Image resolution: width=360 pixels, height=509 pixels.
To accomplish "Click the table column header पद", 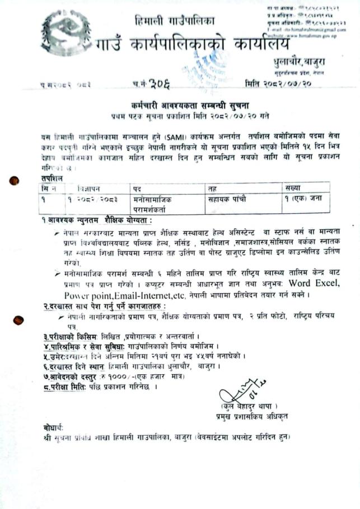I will point(137,188).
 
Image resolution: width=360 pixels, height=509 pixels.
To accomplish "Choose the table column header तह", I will point(212,188).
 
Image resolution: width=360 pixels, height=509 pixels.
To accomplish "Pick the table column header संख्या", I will point(292,188).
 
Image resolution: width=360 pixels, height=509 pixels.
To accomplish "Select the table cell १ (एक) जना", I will point(306,199).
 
